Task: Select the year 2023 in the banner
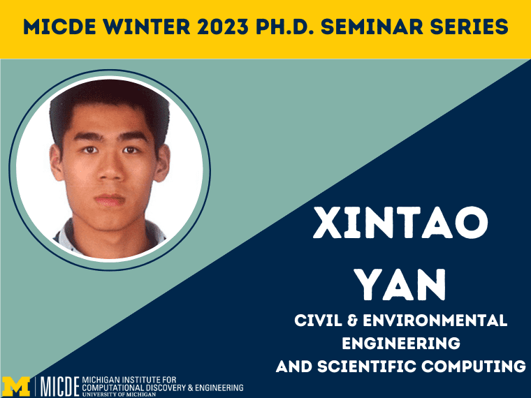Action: click(223, 27)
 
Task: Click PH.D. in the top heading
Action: click(284, 27)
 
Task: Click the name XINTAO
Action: click(400, 223)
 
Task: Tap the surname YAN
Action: click(402, 285)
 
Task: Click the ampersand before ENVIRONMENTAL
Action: click(353, 320)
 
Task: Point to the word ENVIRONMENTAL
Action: click(435, 320)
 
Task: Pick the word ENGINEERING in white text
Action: click(401, 343)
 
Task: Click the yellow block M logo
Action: click(16, 386)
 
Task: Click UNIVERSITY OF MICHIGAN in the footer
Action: click(119, 395)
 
